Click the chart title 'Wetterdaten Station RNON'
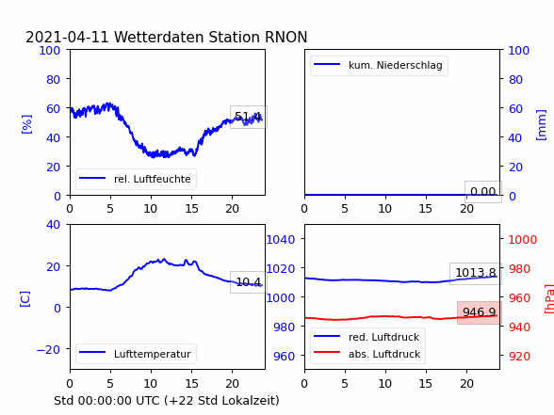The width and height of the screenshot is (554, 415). tap(211, 37)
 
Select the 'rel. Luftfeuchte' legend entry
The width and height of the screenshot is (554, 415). tap(135, 179)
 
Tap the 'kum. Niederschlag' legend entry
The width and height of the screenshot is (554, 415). tap(378, 65)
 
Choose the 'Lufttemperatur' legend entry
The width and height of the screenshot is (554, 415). tap(135, 354)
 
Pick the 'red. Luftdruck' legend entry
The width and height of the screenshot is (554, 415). tap(367, 337)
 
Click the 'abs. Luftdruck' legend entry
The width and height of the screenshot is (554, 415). tap(367, 354)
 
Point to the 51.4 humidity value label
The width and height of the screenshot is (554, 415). tap(248, 117)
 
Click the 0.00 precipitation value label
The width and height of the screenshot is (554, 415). tap(483, 192)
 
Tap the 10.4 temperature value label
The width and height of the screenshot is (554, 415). tap(248, 282)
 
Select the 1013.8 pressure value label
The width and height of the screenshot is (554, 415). tap(476, 273)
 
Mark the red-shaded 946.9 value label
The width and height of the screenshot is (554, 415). tap(480, 312)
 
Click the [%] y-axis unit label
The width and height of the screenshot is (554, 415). tap(26, 124)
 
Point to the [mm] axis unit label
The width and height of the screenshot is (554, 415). tap(541, 125)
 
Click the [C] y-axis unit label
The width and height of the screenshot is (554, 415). tap(24, 298)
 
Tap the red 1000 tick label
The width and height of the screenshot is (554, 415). tap(523, 240)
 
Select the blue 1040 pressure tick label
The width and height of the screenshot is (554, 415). tap(281, 240)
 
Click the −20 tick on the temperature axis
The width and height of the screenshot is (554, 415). tap(48, 350)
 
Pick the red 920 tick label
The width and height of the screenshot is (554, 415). tap(519, 356)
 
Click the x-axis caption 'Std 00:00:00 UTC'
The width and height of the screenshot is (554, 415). tap(107, 401)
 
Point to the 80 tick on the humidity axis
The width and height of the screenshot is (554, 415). tap(53, 79)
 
